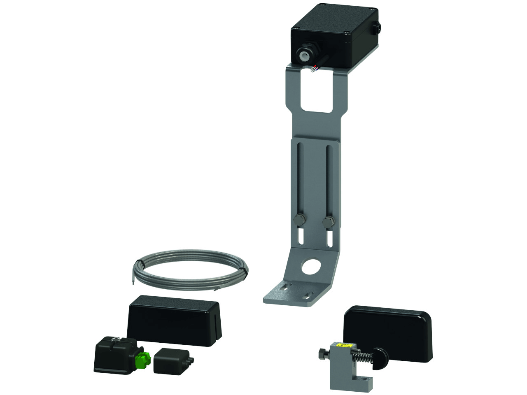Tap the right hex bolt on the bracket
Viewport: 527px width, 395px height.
point(327,223)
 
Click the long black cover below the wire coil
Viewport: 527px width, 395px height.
point(174,319)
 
